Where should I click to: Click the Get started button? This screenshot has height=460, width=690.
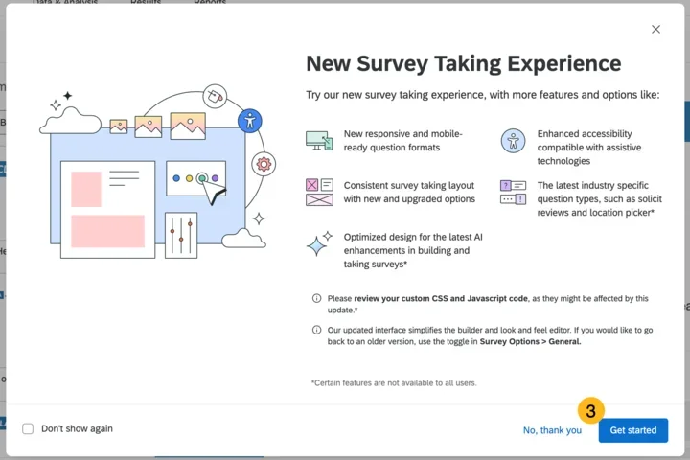pyautogui.click(x=632, y=430)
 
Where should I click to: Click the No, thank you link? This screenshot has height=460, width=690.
pyautogui.click(x=552, y=430)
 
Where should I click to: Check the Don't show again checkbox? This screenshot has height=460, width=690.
pyautogui.click(x=28, y=428)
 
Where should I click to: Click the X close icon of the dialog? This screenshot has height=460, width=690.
pyautogui.click(x=655, y=30)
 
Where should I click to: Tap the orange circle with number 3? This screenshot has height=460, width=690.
pyautogui.click(x=590, y=410)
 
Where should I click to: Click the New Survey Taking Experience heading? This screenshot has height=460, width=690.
pyautogui.click(x=463, y=64)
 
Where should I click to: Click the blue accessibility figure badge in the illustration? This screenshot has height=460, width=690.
pyautogui.click(x=249, y=120)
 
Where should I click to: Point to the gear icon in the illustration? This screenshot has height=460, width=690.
pyautogui.click(x=263, y=164)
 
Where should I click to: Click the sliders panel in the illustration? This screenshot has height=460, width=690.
pyautogui.click(x=180, y=235)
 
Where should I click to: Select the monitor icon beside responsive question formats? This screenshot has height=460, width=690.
pyautogui.click(x=319, y=141)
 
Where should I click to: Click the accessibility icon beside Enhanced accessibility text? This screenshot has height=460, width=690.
pyautogui.click(x=513, y=141)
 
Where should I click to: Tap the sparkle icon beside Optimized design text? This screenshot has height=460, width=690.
pyautogui.click(x=319, y=243)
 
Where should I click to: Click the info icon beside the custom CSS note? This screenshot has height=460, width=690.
pyautogui.click(x=317, y=299)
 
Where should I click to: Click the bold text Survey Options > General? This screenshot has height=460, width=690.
pyautogui.click(x=530, y=341)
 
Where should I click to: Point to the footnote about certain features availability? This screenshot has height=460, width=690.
pyautogui.click(x=394, y=382)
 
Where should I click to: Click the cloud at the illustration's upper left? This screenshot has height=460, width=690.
pyautogui.click(x=69, y=120)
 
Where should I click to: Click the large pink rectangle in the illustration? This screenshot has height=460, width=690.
pyautogui.click(x=107, y=231)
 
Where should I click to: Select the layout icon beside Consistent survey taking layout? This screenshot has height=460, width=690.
pyautogui.click(x=319, y=192)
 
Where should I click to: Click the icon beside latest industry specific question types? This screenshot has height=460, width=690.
pyautogui.click(x=513, y=192)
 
